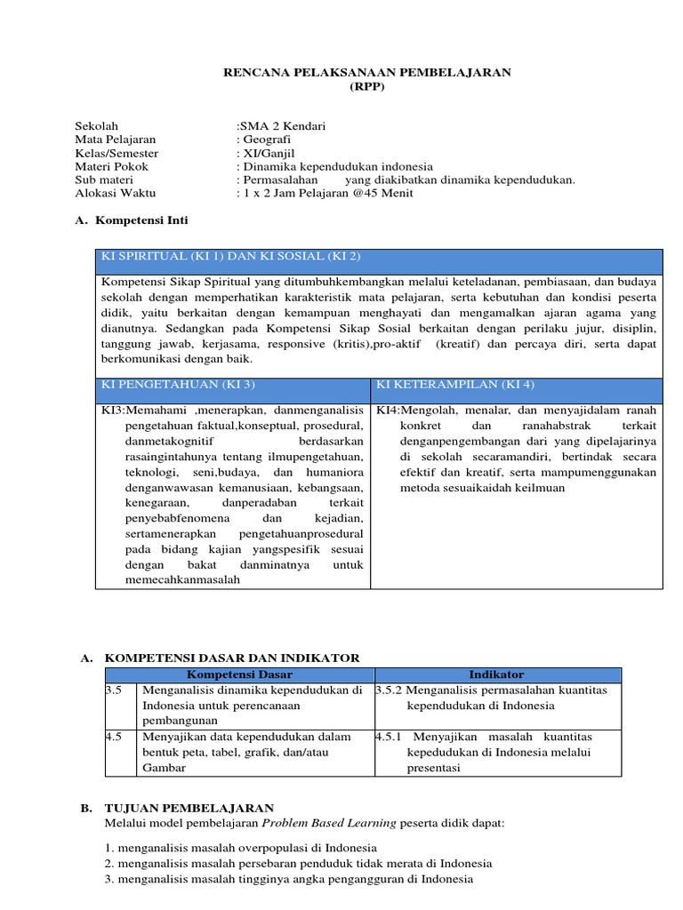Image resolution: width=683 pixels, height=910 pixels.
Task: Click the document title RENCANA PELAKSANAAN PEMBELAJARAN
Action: (x=366, y=72)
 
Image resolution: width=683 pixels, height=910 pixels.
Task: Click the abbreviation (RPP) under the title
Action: (x=366, y=86)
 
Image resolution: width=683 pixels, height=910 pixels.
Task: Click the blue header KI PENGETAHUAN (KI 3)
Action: (x=179, y=384)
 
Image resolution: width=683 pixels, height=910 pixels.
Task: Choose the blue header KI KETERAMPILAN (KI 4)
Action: (x=444, y=384)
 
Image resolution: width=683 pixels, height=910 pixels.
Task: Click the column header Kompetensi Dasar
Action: (x=238, y=675)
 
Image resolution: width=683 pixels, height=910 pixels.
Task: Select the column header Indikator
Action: (x=497, y=675)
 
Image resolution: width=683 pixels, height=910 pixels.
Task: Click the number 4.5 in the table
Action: (x=113, y=737)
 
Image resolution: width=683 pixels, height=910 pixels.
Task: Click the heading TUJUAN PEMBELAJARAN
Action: (x=189, y=808)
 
